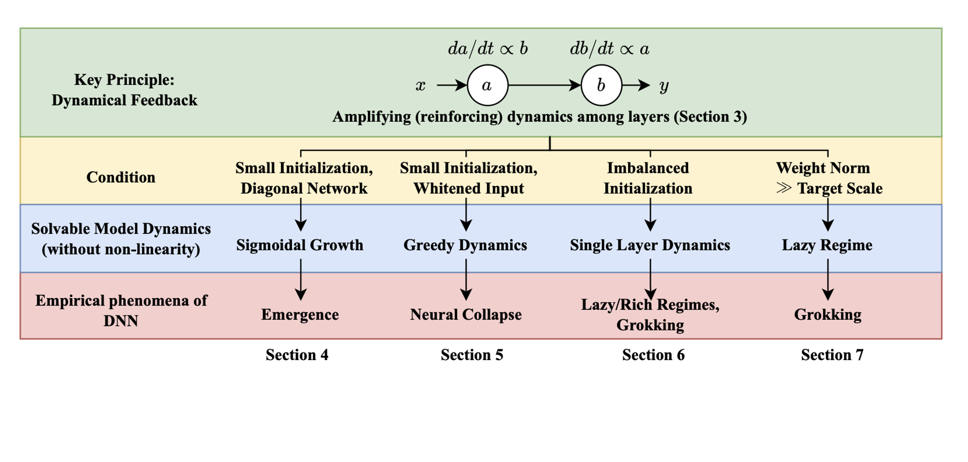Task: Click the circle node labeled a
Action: tap(487, 85)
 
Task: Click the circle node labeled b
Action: tap(601, 85)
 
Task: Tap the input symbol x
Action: tap(420, 86)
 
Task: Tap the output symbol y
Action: tap(664, 86)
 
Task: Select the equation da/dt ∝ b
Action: tap(488, 48)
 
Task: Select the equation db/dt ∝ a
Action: tap(609, 48)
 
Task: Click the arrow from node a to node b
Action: tap(544, 85)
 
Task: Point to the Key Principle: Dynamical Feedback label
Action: tap(124, 90)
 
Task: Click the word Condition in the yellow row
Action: tap(121, 177)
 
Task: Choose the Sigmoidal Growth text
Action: tap(300, 245)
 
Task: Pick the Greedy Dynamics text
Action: tap(465, 245)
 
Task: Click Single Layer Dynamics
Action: tap(650, 245)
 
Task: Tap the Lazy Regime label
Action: tap(827, 245)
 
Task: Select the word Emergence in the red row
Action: tap(300, 315)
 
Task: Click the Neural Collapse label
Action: tap(466, 315)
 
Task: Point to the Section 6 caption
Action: tap(653, 355)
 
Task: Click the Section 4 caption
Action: tap(297, 355)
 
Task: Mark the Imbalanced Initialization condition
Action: tap(648, 178)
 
